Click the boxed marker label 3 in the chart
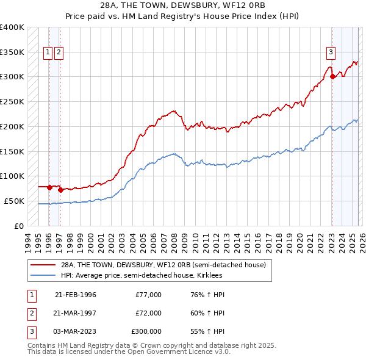331,52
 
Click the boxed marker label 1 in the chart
48,52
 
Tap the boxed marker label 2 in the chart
59,52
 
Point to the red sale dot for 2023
332,76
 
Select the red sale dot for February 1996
49,187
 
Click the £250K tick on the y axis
12,102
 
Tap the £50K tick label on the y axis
13,201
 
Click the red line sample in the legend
43,265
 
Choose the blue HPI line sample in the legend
43,276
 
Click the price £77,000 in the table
149,295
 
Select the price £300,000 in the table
146,331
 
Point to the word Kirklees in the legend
209,276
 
